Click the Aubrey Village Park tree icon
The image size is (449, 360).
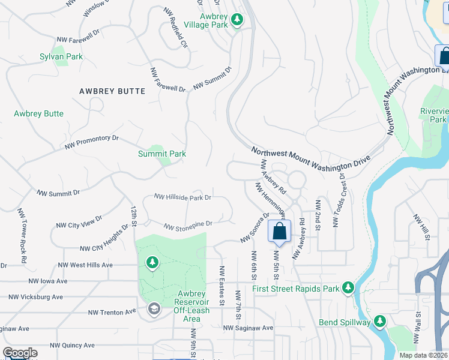coord(237,21)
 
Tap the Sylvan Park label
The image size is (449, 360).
coord(61,56)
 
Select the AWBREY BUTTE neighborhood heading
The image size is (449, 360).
coord(112,91)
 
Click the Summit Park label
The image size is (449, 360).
coord(162,154)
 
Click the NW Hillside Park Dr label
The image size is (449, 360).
coord(182,197)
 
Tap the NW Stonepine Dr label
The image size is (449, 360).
coord(188,224)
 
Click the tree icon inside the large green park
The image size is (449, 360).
coord(152,263)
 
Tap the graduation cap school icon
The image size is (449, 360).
coord(154,308)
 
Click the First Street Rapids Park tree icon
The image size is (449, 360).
coord(348,289)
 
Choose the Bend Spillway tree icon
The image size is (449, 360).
coord(379,322)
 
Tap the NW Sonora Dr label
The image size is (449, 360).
coord(255,227)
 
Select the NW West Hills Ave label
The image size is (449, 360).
coord(85,265)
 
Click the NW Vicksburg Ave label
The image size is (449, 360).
coord(35,297)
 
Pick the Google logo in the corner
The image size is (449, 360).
coord(20,353)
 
